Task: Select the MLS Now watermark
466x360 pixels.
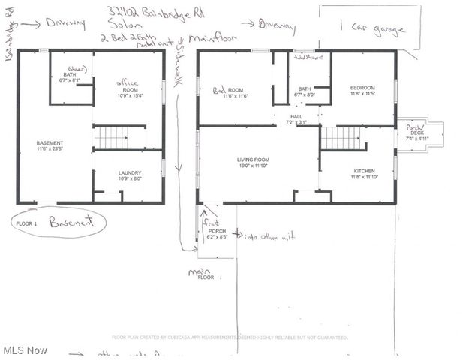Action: coord(24,350)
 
